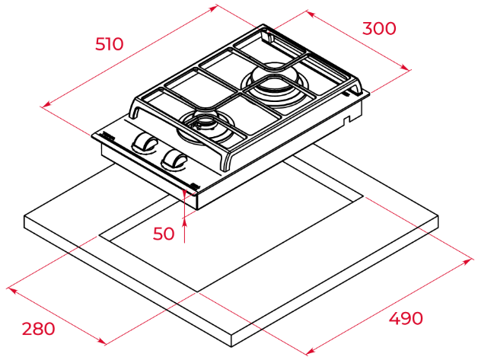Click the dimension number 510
(109, 44)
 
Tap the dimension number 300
(379, 28)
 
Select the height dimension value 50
(164, 234)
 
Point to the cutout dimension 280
(38, 329)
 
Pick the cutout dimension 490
(406, 319)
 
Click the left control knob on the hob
(144, 142)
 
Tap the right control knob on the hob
(174, 158)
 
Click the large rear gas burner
(272, 81)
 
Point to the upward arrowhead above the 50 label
(184, 223)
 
